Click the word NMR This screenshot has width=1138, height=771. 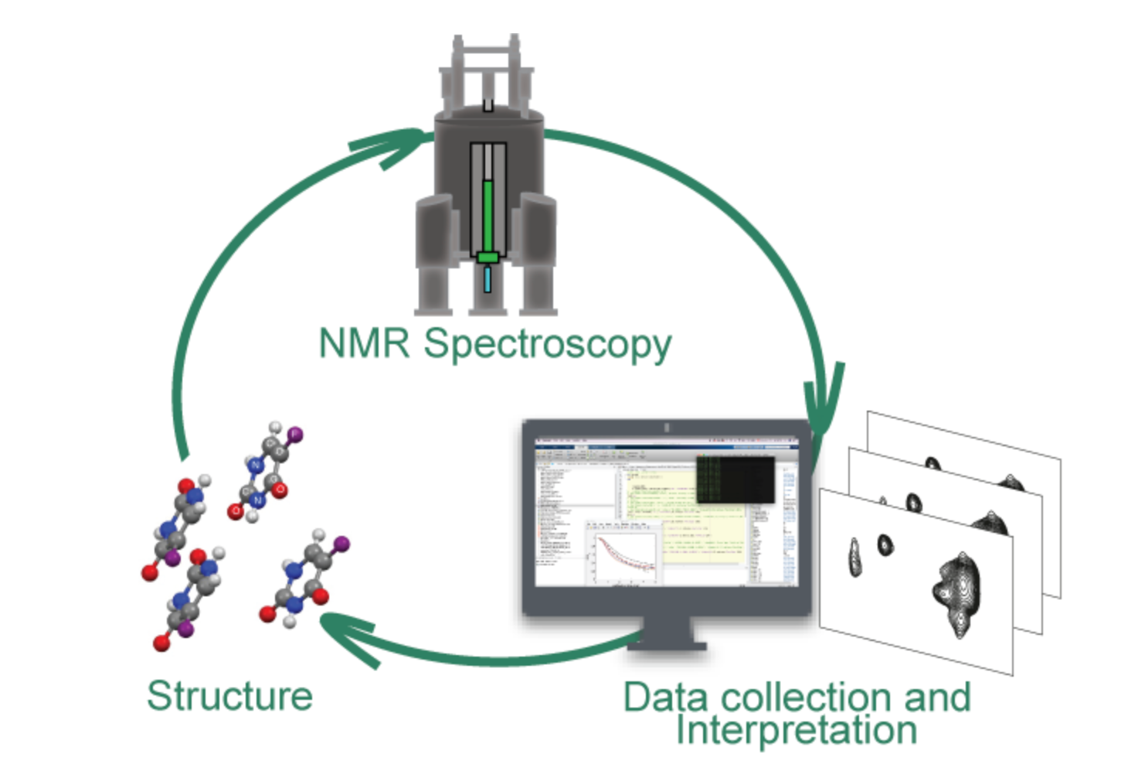point(364,343)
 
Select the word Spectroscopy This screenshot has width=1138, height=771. point(548,344)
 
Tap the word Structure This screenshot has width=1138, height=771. point(229,696)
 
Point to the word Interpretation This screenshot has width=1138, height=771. point(797,729)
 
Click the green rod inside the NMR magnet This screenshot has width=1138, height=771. point(487,216)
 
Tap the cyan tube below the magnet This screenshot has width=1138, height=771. point(487,279)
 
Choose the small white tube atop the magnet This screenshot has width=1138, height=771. point(488,104)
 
